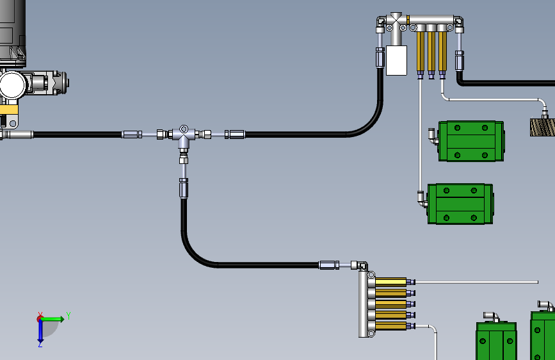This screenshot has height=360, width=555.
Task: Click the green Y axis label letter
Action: (68, 315)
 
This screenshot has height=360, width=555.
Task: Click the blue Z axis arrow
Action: (40, 331)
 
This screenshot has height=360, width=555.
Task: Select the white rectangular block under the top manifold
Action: (396, 60)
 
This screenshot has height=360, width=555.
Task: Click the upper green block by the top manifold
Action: (471, 141)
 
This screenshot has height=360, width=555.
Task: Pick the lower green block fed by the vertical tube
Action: (460, 204)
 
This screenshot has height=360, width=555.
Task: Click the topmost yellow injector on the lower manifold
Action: (390, 282)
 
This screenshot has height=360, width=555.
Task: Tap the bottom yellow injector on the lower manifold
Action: (390, 325)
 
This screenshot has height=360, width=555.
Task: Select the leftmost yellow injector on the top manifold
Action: (420, 51)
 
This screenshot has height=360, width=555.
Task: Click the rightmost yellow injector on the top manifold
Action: (442, 51)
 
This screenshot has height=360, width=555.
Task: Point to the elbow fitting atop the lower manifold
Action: (360, 265)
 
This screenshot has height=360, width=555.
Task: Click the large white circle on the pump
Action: (13, 85)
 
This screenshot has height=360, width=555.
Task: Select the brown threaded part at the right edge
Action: (542, 127)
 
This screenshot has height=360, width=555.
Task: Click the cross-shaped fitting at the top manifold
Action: (396, 22)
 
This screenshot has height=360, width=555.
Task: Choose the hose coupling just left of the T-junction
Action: (132, 135)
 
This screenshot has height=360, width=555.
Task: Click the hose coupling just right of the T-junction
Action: (235, 135)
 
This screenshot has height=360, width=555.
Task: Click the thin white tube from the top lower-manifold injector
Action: (476, 282)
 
